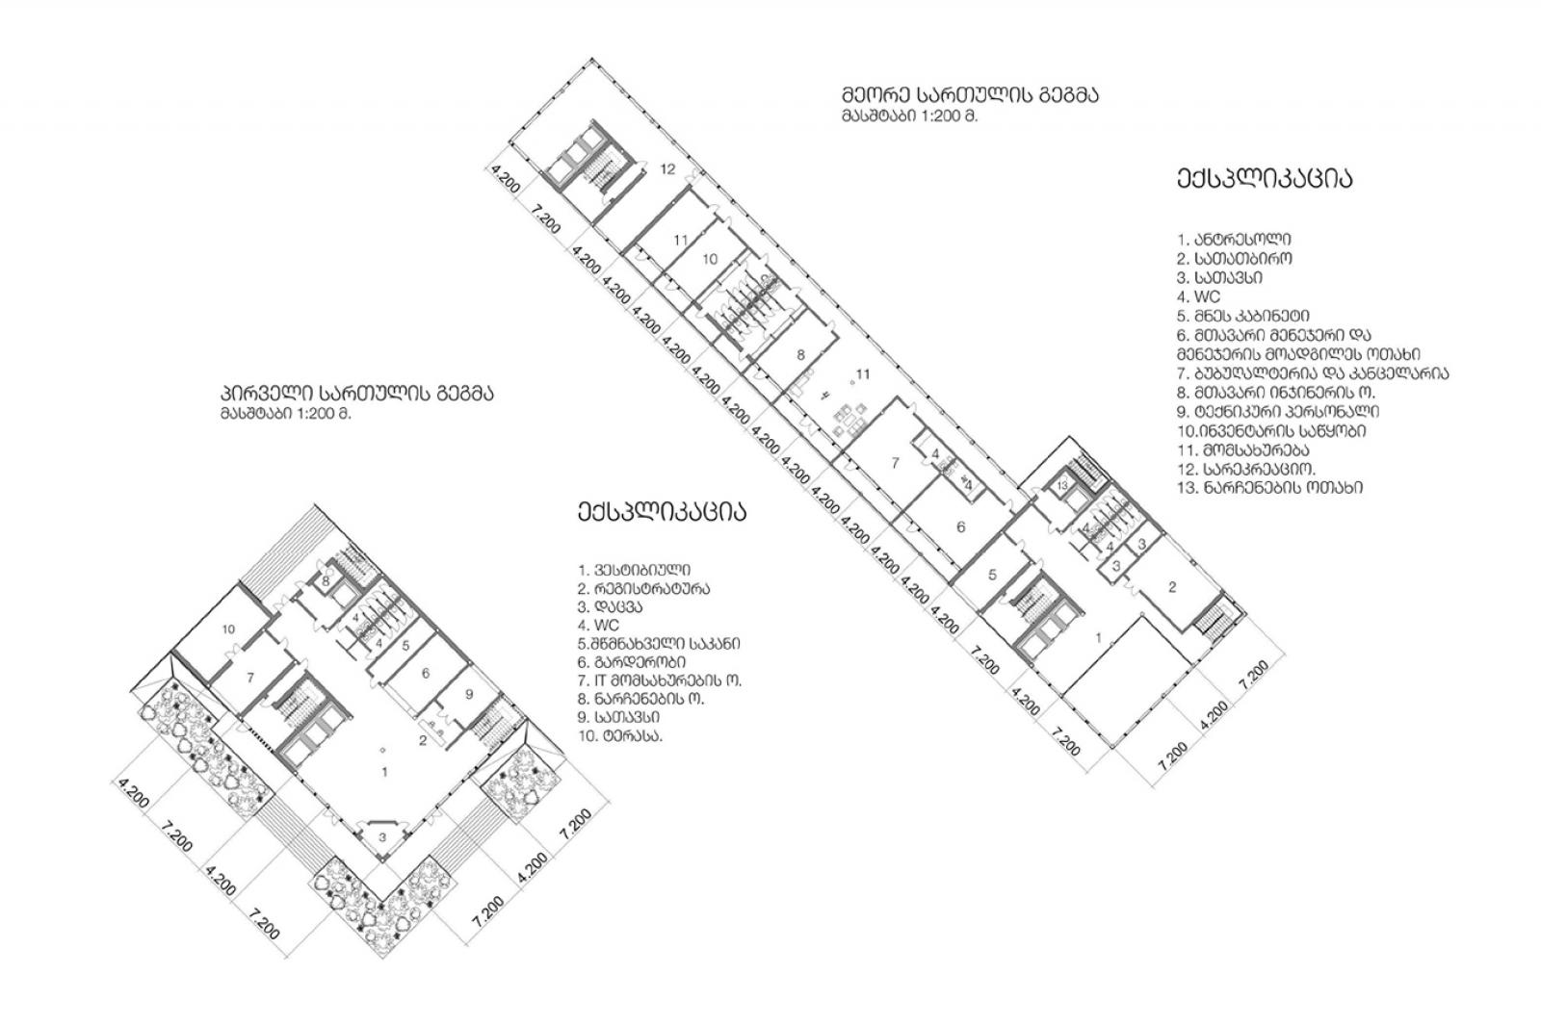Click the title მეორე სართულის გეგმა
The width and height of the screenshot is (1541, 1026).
pos(970,94)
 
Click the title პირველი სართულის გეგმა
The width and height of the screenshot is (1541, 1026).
pos(356,394)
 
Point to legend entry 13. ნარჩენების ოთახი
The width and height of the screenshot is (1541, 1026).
pos(1270,488)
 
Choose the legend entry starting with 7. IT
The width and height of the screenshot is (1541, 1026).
pos(659,680)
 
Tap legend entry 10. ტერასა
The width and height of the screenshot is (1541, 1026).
pos(620,736)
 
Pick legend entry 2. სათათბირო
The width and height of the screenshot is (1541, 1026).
pos(1234,259)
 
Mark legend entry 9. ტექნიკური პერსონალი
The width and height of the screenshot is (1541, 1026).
pos(1277,411)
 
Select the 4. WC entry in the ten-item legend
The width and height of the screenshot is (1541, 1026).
pos(598,625)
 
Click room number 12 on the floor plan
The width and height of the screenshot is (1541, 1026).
pos(667,168)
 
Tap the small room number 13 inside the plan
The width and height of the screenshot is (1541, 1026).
pos(1062,486)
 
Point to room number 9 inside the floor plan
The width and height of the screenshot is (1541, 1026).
pos(469,694)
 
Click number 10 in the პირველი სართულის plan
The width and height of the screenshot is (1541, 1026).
pos(228,628)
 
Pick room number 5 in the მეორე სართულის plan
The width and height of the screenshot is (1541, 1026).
pos(992,575)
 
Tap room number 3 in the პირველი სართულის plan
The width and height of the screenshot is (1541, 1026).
pos(383,836)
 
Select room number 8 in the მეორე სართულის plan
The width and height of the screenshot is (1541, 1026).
pos(800,355)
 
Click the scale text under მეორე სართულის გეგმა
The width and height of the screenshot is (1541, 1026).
pos(909,116)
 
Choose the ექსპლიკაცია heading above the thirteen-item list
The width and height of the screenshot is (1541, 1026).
pos(1265,178)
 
